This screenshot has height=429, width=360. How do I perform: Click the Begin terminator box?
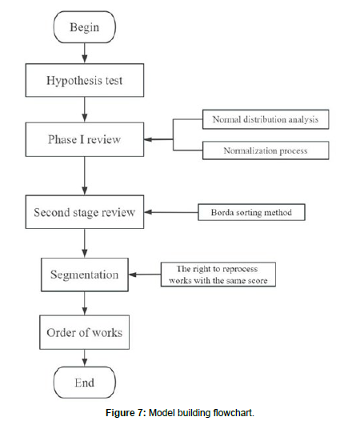(85, 27)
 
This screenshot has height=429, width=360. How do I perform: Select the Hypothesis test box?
(85, 80)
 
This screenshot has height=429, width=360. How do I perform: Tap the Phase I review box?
(85, 139)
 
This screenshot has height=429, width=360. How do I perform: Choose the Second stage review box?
(85, 212)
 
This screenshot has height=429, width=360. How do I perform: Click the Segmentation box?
(85, 275)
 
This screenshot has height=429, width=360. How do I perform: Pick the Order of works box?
(85, 332)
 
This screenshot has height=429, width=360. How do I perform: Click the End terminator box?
(85, 383)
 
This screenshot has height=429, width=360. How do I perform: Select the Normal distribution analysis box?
(266, 119)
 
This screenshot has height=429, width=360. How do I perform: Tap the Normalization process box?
(266, 150)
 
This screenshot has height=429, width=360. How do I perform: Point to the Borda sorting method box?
(251, 212)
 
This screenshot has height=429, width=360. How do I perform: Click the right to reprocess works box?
(218, 275)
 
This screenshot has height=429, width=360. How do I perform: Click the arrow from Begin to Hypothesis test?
(85, 53)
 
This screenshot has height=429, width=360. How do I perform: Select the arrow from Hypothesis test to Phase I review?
(85, 110)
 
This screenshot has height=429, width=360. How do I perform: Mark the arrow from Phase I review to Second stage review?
(85, 176)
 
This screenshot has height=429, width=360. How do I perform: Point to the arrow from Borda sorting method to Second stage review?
(171, 212)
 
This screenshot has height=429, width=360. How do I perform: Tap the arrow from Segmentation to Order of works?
(85, 303)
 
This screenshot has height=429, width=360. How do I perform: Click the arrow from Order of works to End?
(85, 358)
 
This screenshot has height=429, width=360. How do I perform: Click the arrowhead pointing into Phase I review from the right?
(148, 139)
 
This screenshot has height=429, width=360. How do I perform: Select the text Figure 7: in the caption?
(126, 413)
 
